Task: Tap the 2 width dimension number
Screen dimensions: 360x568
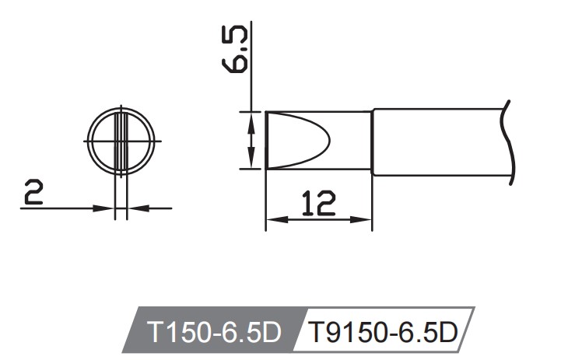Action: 33,193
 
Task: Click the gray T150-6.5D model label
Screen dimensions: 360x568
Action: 213,333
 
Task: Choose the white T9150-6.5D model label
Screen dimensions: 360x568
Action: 382,333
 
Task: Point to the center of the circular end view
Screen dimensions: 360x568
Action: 121,141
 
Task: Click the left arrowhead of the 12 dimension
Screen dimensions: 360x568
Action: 272,220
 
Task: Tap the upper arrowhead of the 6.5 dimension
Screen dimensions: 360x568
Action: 251,117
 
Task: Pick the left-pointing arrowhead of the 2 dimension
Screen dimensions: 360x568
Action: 134,208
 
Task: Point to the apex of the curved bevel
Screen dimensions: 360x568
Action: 330,140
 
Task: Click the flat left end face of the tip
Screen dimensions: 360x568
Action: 266,140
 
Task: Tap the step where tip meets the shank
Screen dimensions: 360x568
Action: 372,142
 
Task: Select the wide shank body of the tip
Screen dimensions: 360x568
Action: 440,142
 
